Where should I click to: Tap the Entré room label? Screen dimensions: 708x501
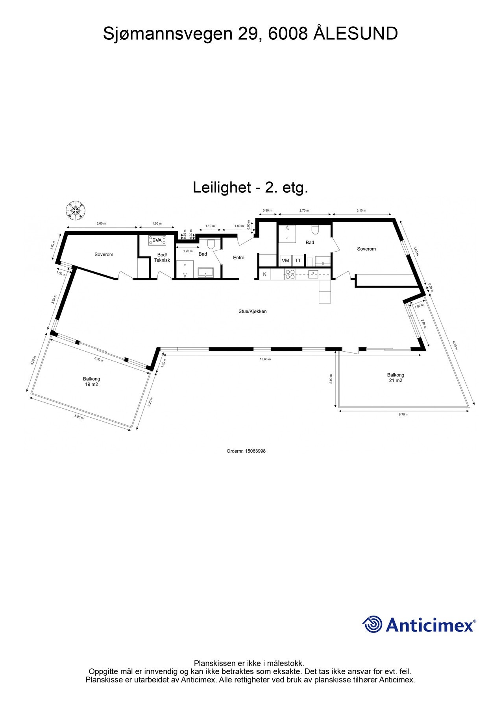tap(238, 258)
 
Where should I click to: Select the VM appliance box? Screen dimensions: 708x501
tap(285, 261)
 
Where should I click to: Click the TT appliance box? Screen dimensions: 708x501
tap(298, 261)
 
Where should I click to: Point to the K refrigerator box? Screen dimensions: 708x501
tap(265, 274)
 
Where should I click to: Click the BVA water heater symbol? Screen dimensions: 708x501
tap(157, 240)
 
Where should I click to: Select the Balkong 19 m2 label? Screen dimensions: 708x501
tap(91, 382)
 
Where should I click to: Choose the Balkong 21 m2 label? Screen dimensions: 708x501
tap(395, 378)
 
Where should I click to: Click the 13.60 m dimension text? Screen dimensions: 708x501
tap(265, 359)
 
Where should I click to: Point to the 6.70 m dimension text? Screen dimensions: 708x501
tap(403, 414)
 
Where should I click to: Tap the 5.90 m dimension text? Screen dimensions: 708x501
tap(79, 417)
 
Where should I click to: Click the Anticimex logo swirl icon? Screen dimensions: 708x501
tap(372, 625)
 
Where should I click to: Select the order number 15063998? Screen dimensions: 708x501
tap(255, 451)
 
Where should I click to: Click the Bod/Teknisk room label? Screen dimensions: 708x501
tap(162, 258)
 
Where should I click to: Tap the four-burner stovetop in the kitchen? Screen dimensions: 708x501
tap(290, 274)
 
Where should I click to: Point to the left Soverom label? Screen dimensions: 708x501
tap(104, 254)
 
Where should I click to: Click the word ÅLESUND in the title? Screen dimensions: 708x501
tap(355, 34)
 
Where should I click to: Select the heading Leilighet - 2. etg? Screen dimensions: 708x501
tap(250, 188)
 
